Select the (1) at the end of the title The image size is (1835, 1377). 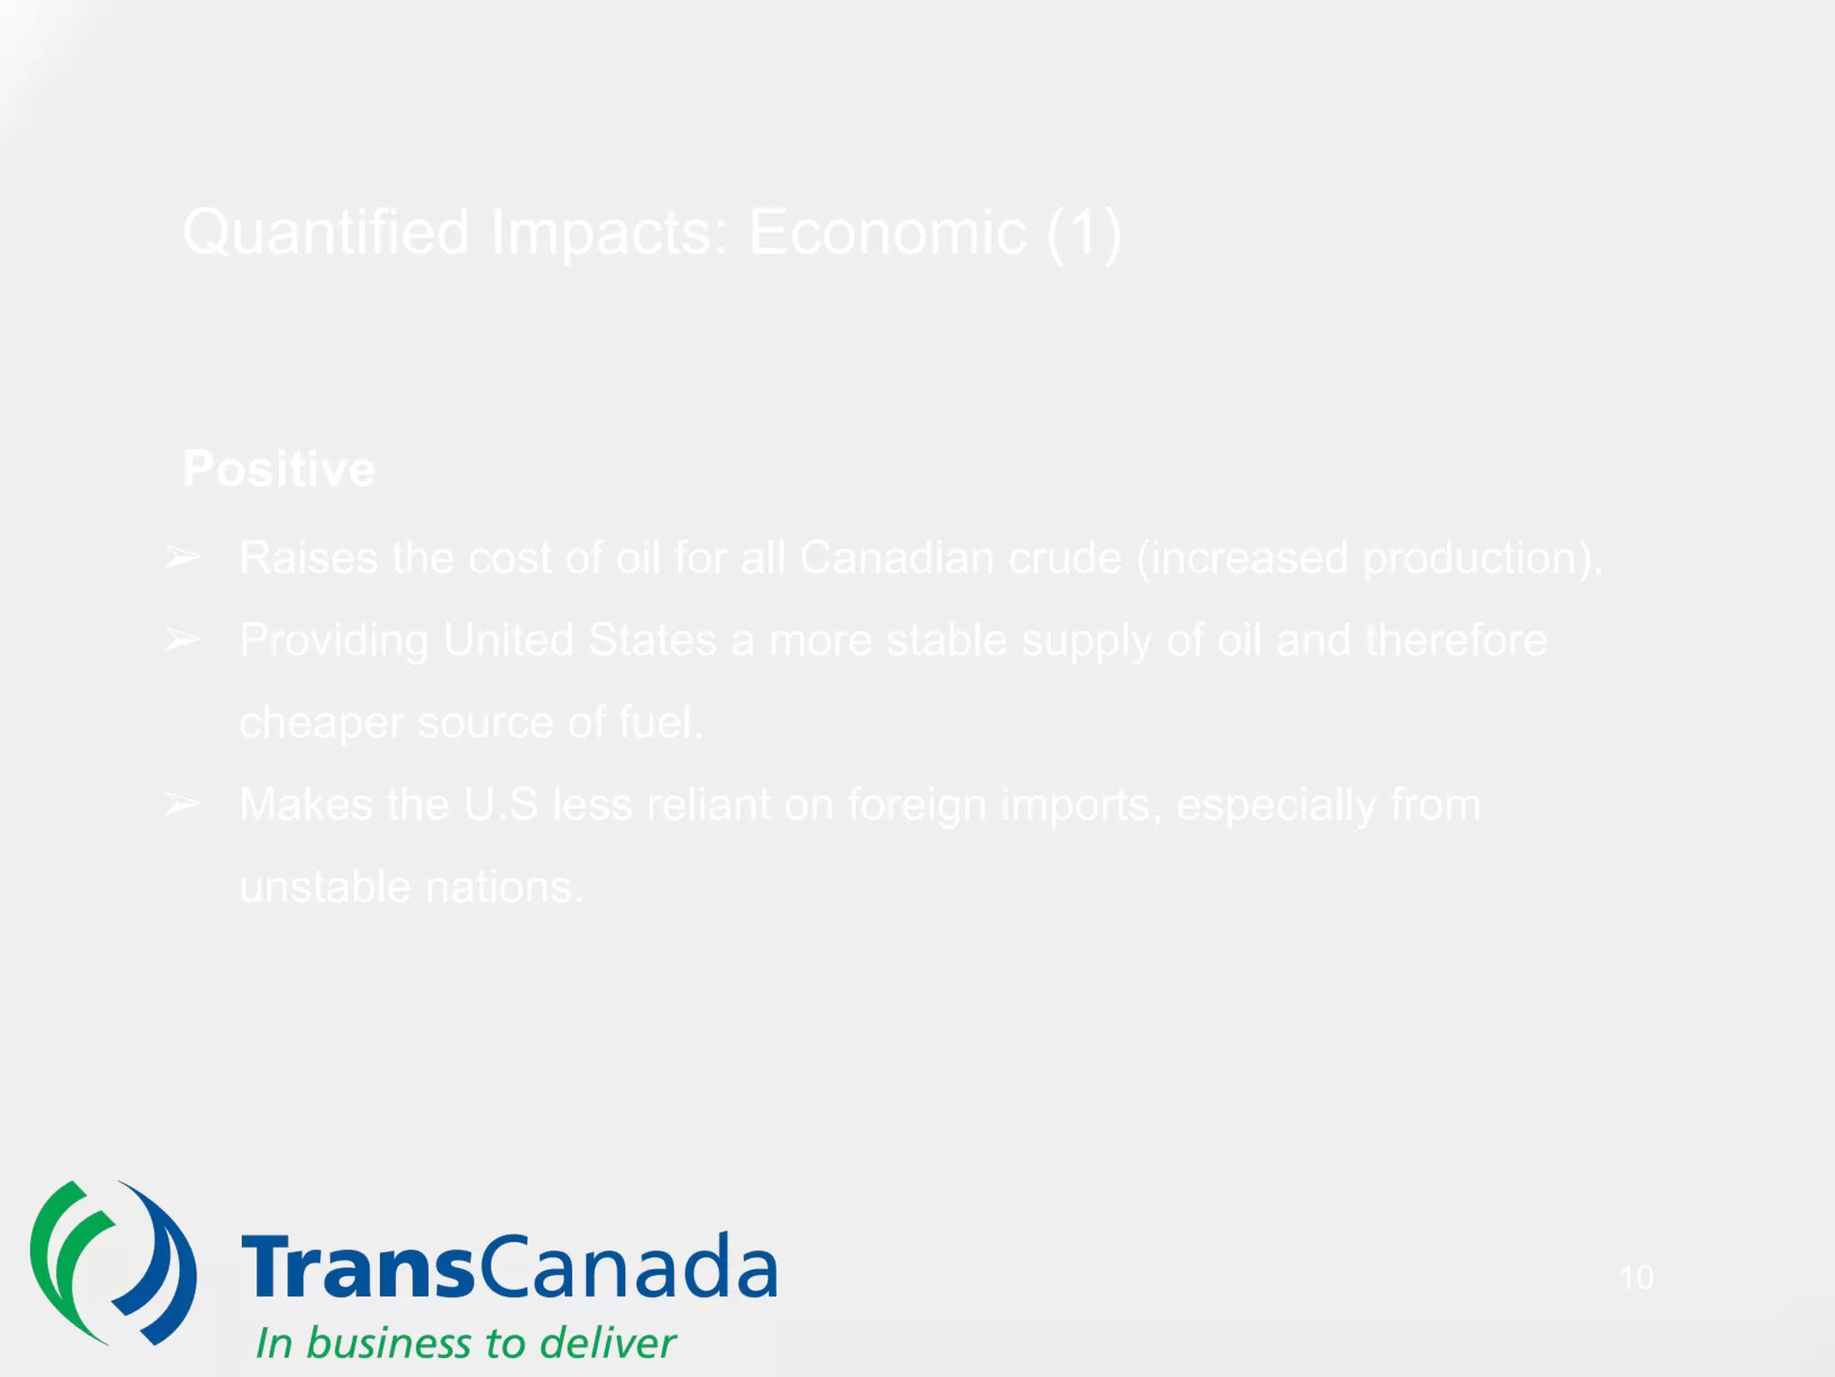(x=1084, y=233)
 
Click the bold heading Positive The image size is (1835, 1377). (x=279, y=469)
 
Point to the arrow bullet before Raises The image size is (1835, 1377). (x=183, y=558)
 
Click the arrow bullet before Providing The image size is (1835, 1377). (x=183, y=640)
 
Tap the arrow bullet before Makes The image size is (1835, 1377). (x=183, y=804)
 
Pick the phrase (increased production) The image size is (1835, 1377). (x=1369, y=558)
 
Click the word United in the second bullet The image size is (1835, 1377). (x=508, y=640)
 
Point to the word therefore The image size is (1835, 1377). (x=1456, y=640)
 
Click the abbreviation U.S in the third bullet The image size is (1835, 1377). (x=500, y=804)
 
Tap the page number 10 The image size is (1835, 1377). (x=1636, y=1277)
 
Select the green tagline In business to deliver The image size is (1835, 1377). (x=465, y=1343)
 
